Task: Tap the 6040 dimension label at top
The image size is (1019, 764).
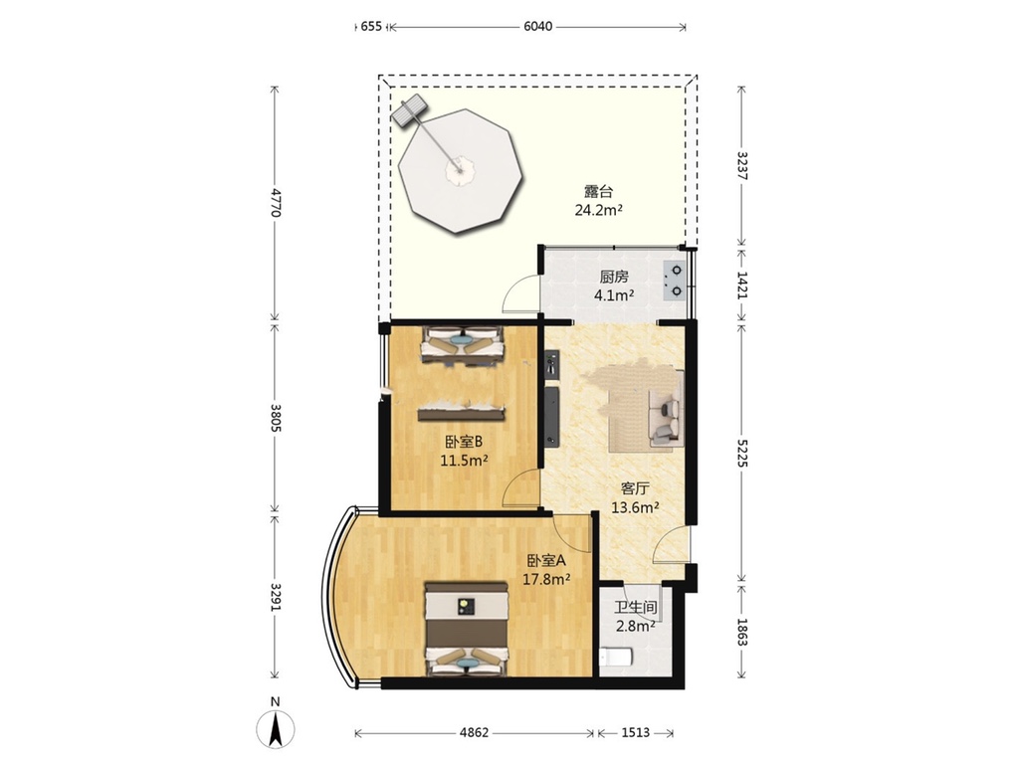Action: [x=538, y=27]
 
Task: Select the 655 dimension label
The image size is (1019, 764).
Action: [x=371, y=27]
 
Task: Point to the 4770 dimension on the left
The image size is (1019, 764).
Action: [x=276, y=203]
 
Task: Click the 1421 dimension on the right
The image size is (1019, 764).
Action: [x=742, y=285]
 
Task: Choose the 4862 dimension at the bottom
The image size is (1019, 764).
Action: [x=474, y=733]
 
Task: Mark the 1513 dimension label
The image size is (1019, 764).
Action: [x=636, y=733]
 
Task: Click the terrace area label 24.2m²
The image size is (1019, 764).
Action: [x=598, y=209]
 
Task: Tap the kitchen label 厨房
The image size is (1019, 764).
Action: [x=614, y=278]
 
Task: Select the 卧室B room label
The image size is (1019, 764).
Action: [x=464, y=442]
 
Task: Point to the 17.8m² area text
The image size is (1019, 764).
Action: [x=546, y=578]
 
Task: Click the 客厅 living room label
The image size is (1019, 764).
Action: [x=635, y=488]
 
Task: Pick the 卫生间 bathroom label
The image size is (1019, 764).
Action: [x=636, y=608]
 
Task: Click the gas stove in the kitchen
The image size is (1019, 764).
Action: [x=674, y=281]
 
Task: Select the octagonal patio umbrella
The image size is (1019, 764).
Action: [x=460, y=171]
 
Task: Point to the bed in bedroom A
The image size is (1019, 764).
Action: [x=466, y=629]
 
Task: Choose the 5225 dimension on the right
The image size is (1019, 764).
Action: [x=742, y=452]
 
